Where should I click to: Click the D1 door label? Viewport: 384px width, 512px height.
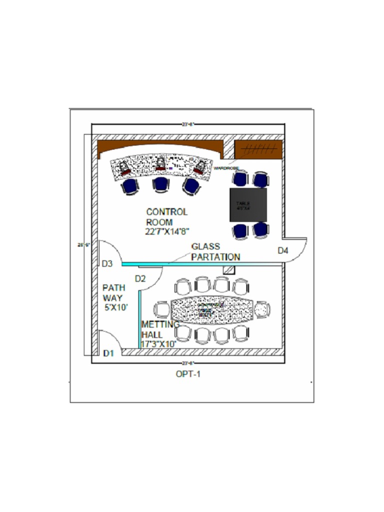[x=109, y=353]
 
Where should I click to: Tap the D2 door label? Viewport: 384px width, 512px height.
[x=140, y=278]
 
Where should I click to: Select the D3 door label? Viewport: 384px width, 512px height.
[x=107, y=263]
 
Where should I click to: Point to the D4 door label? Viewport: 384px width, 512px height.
[x=283, y=250]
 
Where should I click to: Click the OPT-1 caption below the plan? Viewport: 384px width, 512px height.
[x=188, y=373]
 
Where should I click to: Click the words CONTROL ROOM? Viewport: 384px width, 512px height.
[x=166, y=216]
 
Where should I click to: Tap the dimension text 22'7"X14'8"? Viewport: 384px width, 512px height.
[x=167, y=231]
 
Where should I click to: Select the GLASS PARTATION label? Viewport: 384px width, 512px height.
[x=215, y=251]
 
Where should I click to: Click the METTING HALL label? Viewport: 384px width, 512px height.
[x=160, y=329]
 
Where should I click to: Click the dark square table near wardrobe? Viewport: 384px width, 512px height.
[x=248, y=204]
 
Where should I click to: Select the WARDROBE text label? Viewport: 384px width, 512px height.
[x=226, y=168]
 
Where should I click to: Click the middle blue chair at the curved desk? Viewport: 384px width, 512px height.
[x=161, y=184]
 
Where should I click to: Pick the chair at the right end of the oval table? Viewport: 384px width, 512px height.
[x=262, y=309]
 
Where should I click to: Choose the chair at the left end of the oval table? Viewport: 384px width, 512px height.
[x=162, y=309]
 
